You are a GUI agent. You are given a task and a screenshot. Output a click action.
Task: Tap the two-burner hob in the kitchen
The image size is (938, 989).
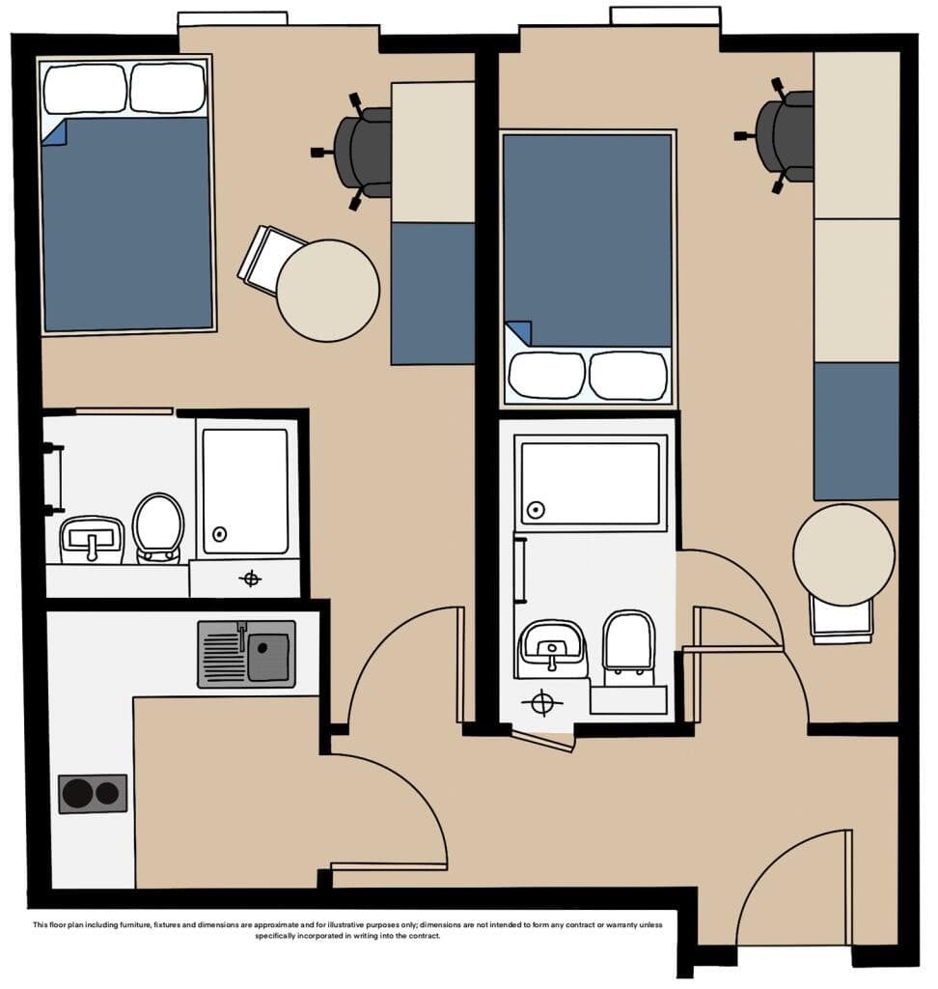(x=93, y=794)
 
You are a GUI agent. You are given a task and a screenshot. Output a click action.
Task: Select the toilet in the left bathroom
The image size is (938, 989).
(x=158, y=528)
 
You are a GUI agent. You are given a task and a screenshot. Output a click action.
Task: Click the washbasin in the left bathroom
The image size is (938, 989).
(x=92, y=539)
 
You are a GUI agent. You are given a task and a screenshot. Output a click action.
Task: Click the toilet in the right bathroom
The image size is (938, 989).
(x=628, y=647)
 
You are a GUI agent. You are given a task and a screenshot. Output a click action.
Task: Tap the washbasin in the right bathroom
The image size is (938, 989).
(x=552, y=649)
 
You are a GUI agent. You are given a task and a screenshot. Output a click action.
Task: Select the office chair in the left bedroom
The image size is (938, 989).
(x=355, y=152)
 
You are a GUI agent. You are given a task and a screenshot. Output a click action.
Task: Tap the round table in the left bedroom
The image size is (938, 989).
(x=328, y=290)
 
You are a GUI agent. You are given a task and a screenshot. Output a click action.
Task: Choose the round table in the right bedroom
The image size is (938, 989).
(x=843, y=553)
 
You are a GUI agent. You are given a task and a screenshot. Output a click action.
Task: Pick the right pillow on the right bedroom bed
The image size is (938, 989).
(x=628, y=376)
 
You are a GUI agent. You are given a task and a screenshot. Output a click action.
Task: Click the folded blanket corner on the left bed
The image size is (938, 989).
(x=54, y=133)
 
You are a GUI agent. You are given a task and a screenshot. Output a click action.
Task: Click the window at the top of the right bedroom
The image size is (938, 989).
(x=665, y=15)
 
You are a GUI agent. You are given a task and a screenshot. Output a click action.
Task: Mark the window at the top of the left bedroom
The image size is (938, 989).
(x=233, y=19)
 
